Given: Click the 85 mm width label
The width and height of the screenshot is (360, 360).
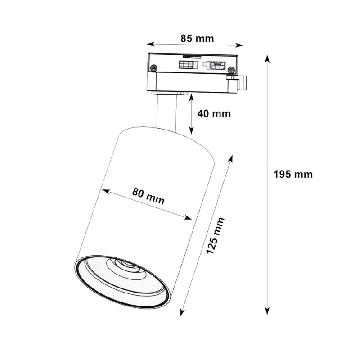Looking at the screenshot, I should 197,38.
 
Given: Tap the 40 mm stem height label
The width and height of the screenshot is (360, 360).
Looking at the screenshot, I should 214,113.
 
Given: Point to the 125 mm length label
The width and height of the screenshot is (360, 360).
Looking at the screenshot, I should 215,235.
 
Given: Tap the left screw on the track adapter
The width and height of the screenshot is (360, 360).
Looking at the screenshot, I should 153,68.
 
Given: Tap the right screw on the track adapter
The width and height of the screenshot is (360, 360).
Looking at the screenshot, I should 231,70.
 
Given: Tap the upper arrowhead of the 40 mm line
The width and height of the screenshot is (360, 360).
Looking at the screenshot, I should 192,96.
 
